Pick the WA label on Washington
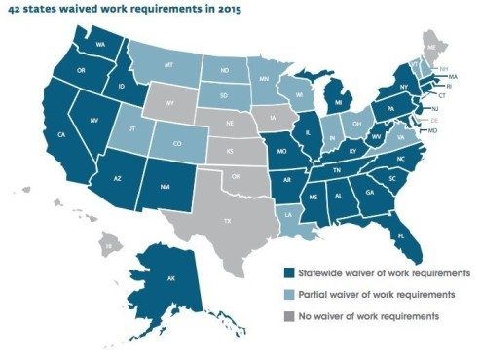100,45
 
